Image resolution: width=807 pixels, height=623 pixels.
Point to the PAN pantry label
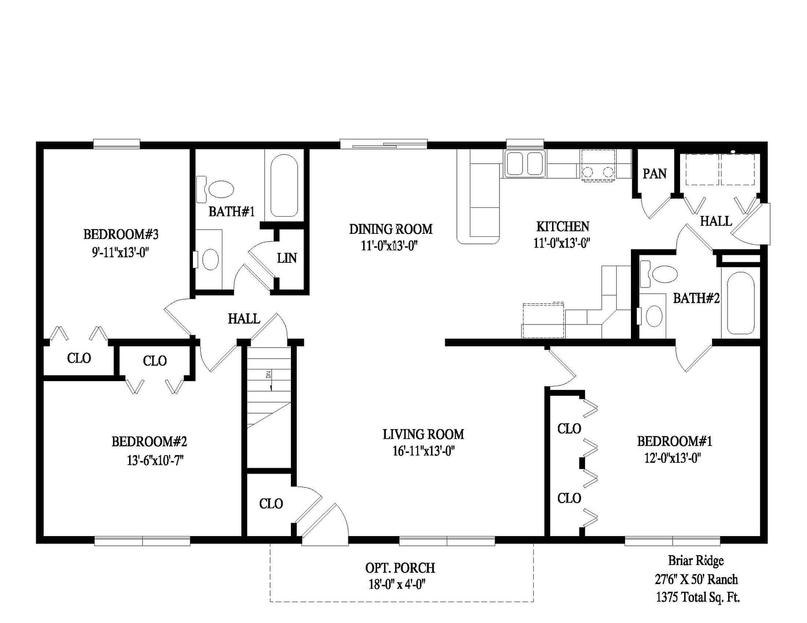pos(654,173)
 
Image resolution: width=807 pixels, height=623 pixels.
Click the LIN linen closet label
pos(287,258)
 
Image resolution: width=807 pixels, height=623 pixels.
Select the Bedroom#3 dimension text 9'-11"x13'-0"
pos(121,252)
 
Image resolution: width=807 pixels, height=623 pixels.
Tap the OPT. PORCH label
pos(400,568)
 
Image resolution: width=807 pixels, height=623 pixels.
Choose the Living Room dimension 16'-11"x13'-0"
pos(423,451)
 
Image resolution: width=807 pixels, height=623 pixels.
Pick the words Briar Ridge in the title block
pos(696,560)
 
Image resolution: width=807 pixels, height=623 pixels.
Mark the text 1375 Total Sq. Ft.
pos(698,597)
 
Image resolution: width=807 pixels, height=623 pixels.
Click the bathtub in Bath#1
pos(284,185)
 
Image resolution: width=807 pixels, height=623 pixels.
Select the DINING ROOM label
pos(390,229)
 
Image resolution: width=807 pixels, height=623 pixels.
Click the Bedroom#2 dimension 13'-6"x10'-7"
pos(155,461)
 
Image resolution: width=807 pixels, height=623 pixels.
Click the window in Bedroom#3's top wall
pos(116,144)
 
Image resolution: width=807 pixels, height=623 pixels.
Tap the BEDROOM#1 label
pos(674,441)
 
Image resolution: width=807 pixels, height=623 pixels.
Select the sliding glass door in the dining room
pos(383,144)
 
